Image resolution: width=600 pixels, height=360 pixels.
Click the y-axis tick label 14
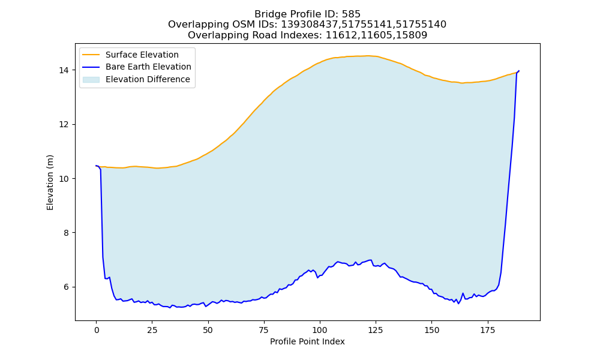point(64,70)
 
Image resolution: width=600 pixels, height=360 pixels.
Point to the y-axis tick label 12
point(64,125)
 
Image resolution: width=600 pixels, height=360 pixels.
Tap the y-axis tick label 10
point(64,179)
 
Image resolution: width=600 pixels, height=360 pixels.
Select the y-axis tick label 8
point(67,233)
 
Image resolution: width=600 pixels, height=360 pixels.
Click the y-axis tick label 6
point(67,287)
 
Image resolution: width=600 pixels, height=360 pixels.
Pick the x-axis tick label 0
point(97,330)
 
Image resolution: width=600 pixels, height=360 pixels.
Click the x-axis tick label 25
point(152,330)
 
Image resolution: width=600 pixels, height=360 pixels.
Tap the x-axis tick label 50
point(208,330)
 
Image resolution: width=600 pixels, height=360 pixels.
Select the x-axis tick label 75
point(264,330)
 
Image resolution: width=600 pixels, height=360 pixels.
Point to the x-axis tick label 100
point(320,330)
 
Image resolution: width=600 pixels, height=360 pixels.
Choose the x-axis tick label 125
point(376,330)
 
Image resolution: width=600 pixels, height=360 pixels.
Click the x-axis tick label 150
point(431,330)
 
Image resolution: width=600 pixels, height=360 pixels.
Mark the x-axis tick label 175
point(487,330)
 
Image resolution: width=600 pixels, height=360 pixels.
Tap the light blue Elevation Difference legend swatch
point(91,80)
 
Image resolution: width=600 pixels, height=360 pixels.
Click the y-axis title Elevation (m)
point(50,182)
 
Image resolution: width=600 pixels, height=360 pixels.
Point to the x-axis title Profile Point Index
point(307,341)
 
